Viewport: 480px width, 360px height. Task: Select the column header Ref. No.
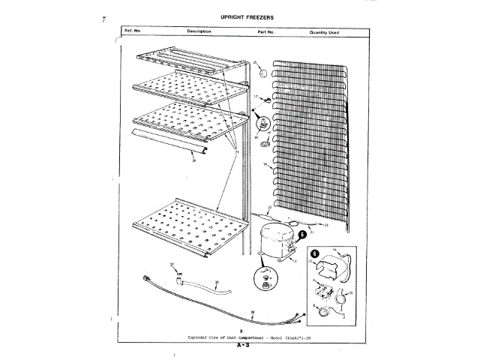click(x=133, y=32)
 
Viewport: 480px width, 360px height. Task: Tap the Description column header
click(x=199, y=31)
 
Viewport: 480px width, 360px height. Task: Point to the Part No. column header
click(x=266, y=32)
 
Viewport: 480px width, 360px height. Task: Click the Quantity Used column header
click(x=325, y=32)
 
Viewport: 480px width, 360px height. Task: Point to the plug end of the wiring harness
click(x=145, y=280)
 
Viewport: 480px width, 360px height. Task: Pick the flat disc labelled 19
click(x=265, y=145)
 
